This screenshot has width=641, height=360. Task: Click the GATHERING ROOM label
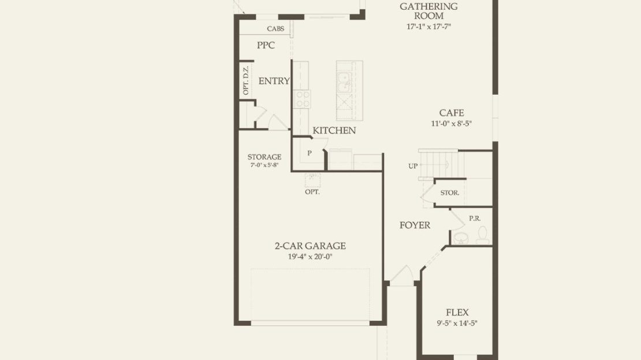(x=428, y=11)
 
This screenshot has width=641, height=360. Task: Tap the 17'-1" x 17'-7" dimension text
(x=428, y=27)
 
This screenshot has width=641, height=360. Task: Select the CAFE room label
(x=452, y=113)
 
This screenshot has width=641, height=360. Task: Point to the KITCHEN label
(x=334, y=131)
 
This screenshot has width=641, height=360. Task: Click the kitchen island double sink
(x=344, y=83)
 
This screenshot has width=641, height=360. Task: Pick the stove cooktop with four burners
(x=303, y=99)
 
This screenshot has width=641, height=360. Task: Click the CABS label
(x=275, y=29)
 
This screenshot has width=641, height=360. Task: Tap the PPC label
(x=266, y=46)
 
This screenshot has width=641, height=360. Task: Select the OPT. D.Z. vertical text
(x=245, y=80)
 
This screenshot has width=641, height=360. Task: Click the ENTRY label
(x=274, y=81)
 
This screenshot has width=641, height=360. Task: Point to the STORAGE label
(x=264, y=157)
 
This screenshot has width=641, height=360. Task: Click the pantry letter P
(x=310, y=153)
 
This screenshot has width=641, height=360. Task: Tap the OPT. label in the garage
(x=312, y=192)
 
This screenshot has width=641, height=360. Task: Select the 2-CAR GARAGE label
(x=310, y=246)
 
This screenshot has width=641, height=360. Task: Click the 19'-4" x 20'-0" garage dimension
(x=310, y=257)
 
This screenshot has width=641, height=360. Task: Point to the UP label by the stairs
(x=413, y=166)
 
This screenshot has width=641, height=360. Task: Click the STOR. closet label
(x=450, y=192)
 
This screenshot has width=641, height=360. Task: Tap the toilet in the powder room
(x=483, y=235)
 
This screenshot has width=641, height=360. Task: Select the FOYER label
(x=415, y=225)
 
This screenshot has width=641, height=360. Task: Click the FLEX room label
(x=457, y=313)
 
